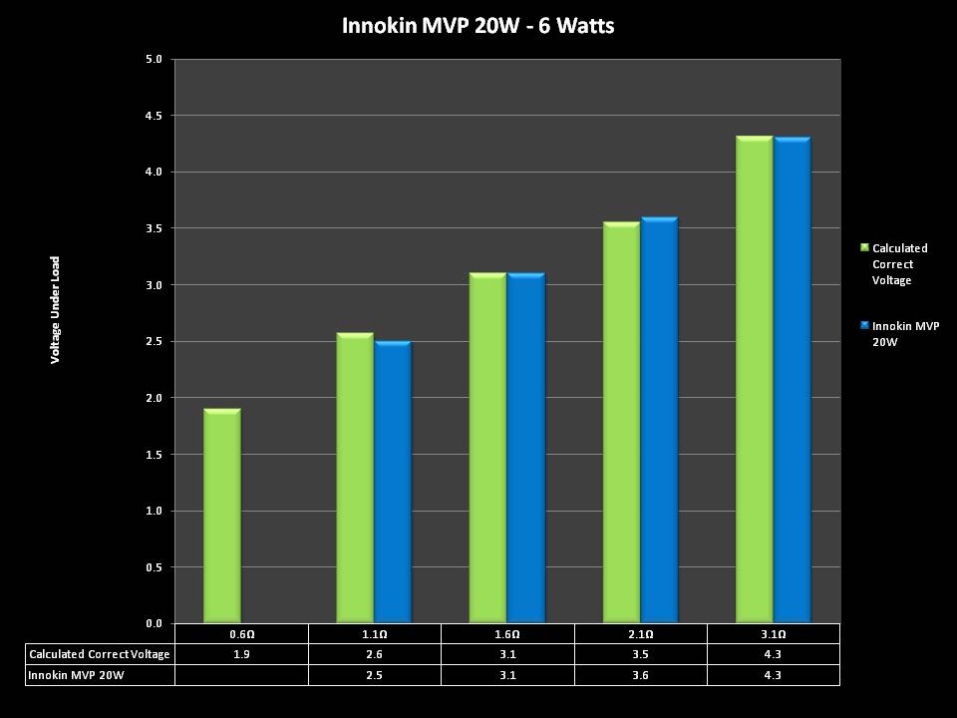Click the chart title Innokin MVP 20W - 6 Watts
coord(478,25)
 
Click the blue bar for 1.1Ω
coord(393,483)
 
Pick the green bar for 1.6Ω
coord(487,449)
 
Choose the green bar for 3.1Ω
coord(754,380)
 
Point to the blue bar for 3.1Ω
coord(793,380)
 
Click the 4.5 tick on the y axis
coord(153,116)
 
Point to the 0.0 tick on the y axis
coord(153,624)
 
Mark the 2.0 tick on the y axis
coord(153,398)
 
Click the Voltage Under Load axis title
coord(56,308)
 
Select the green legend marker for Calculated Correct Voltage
coord(864,247)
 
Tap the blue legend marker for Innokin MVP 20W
coord(864,325)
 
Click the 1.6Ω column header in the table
coord(507,634)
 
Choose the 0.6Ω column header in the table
coord(241,634)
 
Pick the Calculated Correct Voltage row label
coord(100,654)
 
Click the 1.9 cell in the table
coord(241,654)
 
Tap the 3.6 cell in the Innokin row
coord(640,675)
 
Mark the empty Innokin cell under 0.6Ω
coord(241,675)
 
